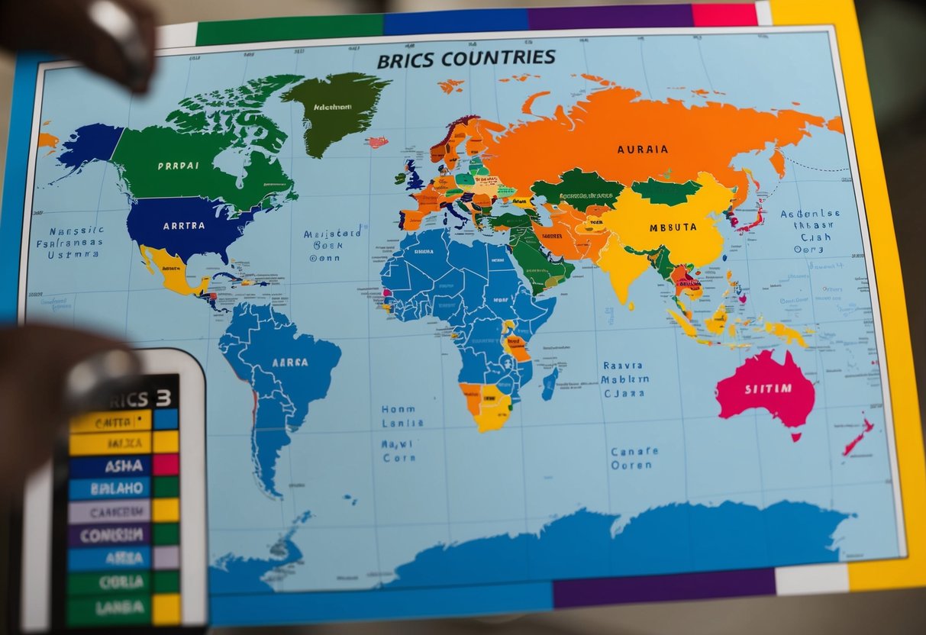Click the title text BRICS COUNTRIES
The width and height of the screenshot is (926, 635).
pyautogui.click(x=466, y=59)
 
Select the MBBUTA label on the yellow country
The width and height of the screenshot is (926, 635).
pyautogui.click(x=673, y=227)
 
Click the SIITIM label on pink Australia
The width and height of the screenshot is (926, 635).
pyautogui.click(x=767, y=388)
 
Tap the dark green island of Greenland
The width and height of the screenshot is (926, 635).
pyautogui.click(x=336, y=111)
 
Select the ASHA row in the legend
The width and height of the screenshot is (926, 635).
pyautogui.click(x=111, y=465)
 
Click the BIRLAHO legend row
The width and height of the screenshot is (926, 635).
pyautogui.click(x=111, y=488)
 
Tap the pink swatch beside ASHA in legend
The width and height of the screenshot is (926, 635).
pyautogui.click(x=166, y=465)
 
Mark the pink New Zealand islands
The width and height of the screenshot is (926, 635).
pyautogui.click(x=858, y=437)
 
